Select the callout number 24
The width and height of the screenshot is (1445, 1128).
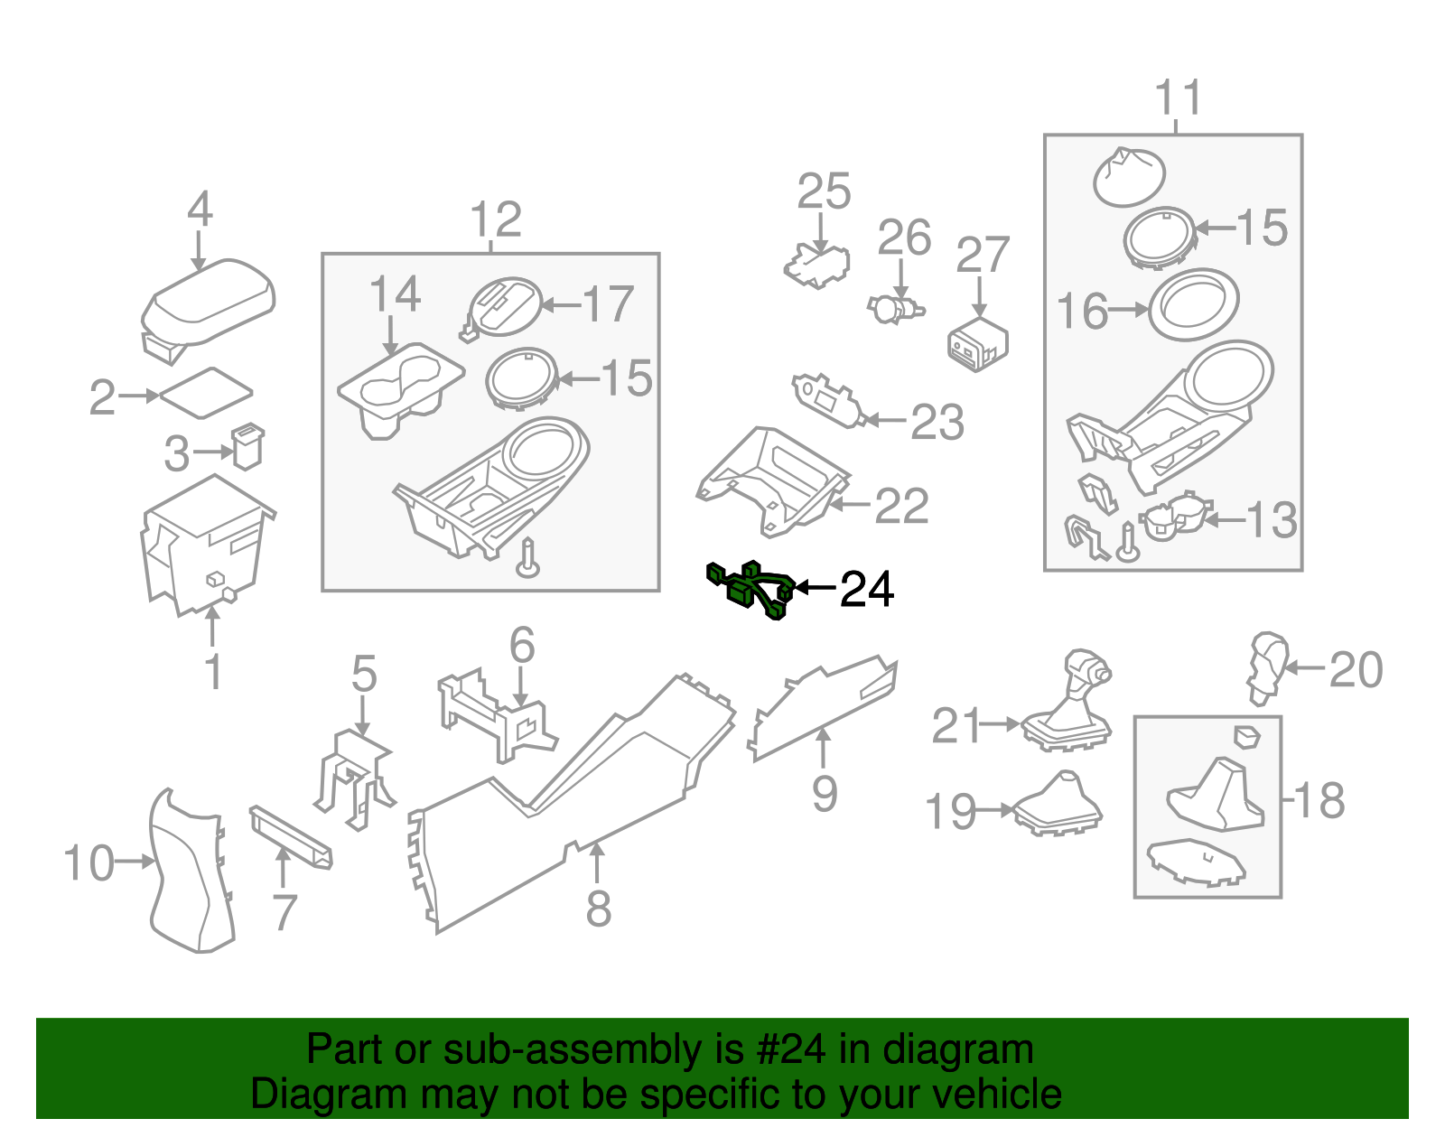(x=866, y=590)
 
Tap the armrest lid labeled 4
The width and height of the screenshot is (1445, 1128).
(x=209, y=303)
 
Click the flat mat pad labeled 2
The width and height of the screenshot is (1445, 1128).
(x=207, y=393)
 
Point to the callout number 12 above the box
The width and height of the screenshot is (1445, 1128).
(x=496, y=219)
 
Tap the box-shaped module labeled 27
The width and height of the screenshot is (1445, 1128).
(x=977, y=343)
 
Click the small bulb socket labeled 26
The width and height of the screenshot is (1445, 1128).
(x=894, y=310)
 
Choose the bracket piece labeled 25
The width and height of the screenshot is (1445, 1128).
(x=817, y=266)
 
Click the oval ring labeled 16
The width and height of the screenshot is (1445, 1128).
(x=1193, y=304)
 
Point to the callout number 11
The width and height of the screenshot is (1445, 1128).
(x=1179, y=98)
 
